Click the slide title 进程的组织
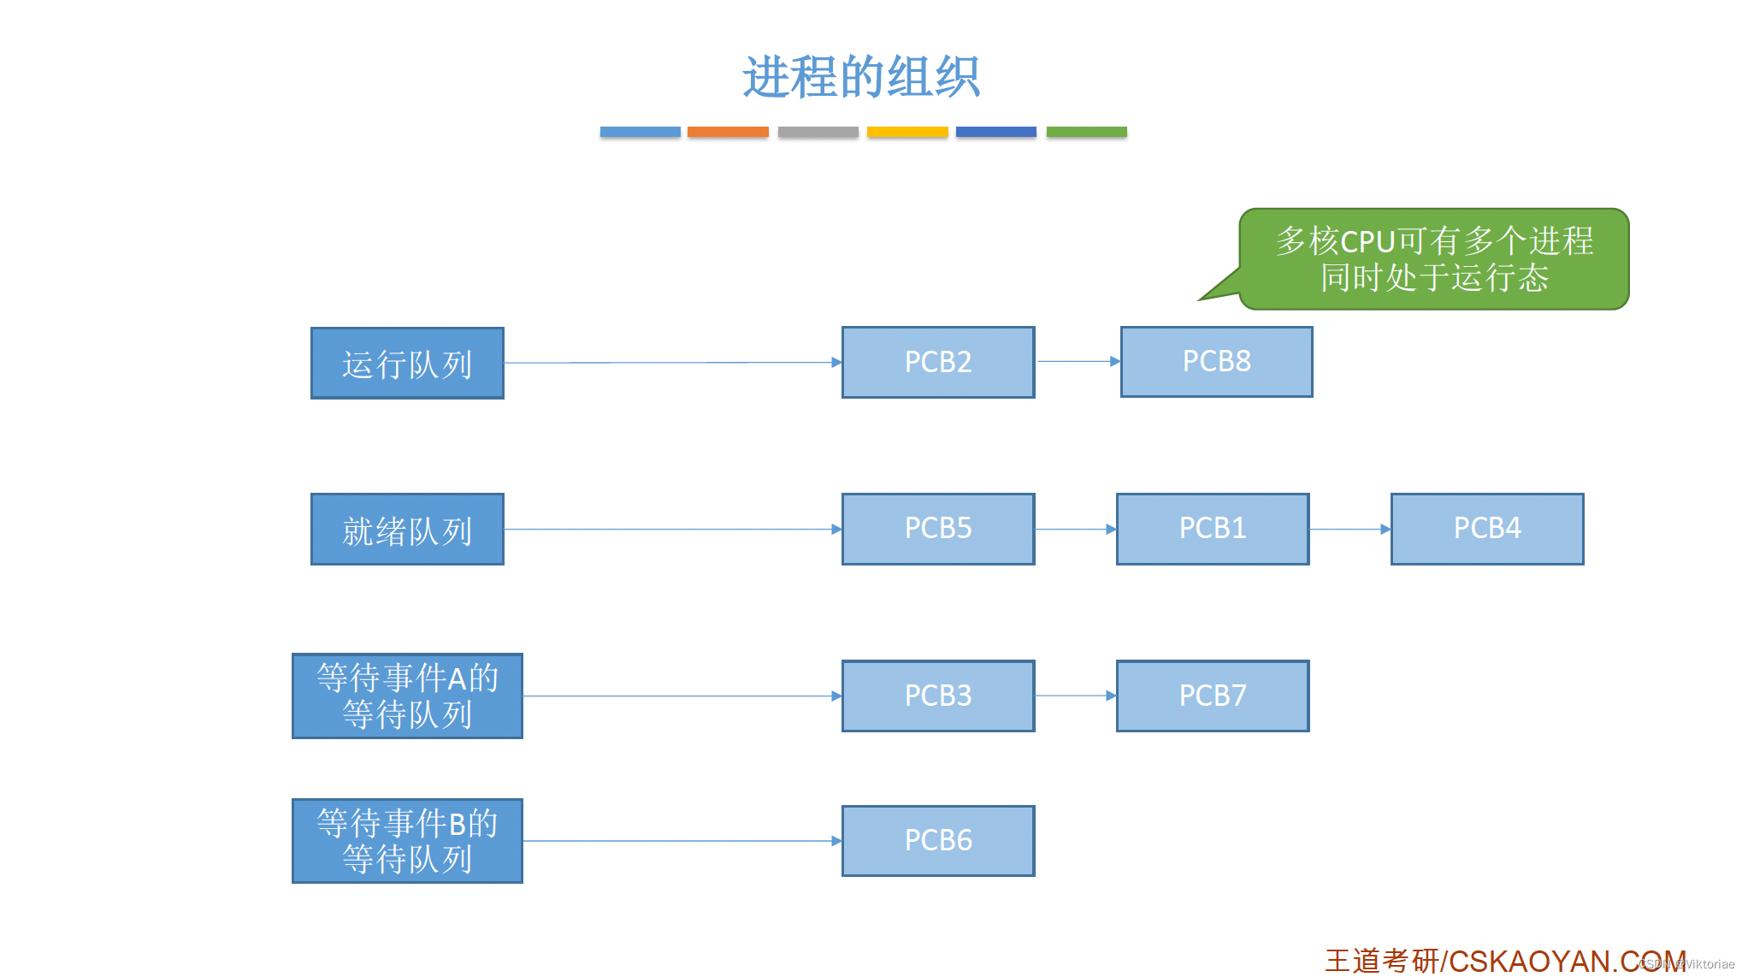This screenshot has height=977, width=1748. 861,77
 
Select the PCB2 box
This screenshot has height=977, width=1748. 938,362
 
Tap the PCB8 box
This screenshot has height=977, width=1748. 1216,362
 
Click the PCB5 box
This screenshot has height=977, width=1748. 938,529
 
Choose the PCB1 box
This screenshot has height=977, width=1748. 1212,529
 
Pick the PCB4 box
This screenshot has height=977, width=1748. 1487,529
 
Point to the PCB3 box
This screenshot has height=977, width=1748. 938,696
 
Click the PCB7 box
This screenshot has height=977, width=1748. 1212,696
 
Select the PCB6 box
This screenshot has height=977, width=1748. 938,840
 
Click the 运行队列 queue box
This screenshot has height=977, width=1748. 407,363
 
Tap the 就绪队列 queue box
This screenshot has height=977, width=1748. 407,530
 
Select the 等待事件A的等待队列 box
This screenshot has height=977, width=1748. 407,696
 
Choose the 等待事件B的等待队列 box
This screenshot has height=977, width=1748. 407,841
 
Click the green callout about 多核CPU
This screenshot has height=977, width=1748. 1434,258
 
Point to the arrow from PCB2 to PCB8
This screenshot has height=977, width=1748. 1078,361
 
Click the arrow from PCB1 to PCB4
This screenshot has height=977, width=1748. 1349,529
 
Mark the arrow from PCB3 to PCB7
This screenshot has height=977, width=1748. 1075,696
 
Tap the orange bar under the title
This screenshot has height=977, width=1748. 728,132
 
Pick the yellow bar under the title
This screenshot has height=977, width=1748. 907,132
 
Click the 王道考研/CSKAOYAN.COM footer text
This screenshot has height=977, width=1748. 1505,961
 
